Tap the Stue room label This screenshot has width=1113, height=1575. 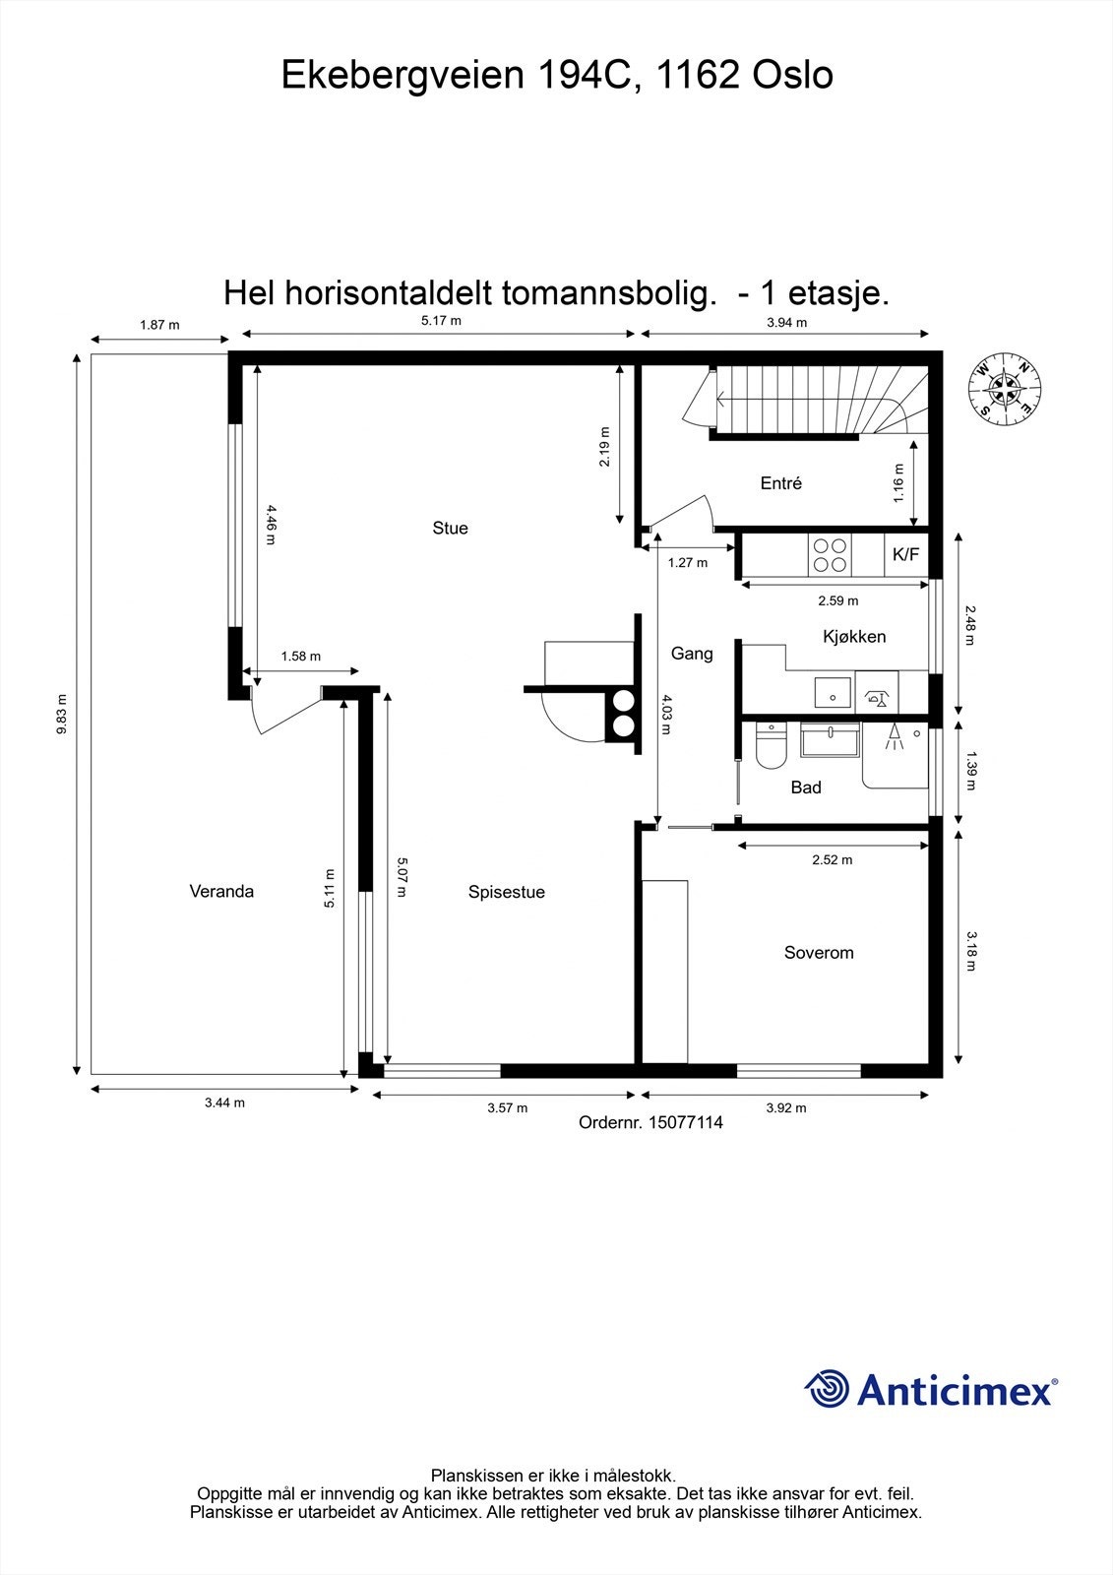coord(450,529)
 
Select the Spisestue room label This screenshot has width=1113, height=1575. coord(506,893)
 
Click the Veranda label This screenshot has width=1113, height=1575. coord(221,892)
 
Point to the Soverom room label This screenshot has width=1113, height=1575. coord(819,953)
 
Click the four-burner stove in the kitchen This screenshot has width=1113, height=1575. coord(830,554)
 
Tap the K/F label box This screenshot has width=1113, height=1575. coord(905,555)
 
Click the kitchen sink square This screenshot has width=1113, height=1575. coord(833,692)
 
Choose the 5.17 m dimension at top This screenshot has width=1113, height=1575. coord(441,321)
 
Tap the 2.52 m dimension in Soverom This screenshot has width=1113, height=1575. coord(832,859)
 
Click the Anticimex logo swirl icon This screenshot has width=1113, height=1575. coord(827,1389)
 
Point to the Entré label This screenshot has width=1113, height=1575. coord(781,483)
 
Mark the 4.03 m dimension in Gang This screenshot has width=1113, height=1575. coord(666,716)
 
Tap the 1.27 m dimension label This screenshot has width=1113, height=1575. coord(687,563)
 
